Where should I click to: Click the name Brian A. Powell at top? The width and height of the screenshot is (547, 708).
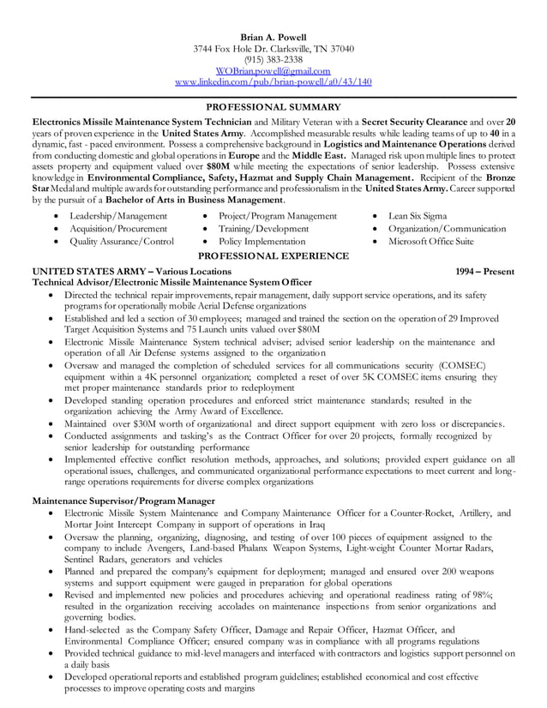coord(273,37)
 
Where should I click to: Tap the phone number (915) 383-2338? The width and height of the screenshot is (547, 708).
coord(273,59)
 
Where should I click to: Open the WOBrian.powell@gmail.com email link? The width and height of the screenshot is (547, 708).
coord(273,70)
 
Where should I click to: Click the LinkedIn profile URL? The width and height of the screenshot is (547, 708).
coord(273,81)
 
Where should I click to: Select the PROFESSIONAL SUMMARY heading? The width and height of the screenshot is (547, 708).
coord(273,107)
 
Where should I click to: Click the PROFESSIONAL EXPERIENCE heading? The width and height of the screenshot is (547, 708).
coord(273,255)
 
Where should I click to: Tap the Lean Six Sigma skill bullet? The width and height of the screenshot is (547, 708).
coord(417,216)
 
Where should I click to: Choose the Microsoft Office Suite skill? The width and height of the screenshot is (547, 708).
coord(430,242)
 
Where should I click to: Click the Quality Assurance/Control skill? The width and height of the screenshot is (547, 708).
coord(122,242)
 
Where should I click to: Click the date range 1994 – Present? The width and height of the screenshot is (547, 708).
coord(485,271)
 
